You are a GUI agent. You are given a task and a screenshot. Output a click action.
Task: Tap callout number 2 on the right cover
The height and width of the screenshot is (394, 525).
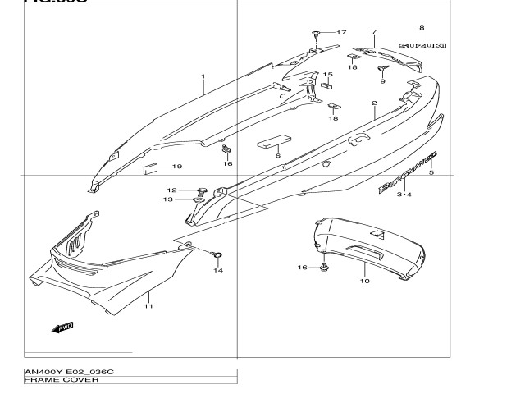tap(373, 104)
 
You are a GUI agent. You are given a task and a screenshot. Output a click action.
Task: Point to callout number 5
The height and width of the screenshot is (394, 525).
tap(431, 174)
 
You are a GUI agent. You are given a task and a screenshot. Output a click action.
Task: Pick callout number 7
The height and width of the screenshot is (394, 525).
tap(373, 32)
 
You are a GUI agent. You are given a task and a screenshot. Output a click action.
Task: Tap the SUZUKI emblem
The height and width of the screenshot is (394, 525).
tap(422, 46)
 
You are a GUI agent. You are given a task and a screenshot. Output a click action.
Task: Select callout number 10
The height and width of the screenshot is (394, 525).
tap(364, 281)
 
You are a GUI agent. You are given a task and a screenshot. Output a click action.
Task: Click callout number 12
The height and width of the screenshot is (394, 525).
tap(172, 190)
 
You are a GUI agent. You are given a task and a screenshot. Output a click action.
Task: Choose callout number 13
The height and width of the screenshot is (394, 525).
tap(167, 199)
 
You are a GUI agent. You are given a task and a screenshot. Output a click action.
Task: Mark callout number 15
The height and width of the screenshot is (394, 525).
tap(326, 75)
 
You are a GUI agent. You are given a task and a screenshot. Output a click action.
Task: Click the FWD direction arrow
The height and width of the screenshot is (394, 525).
tap(62, 328)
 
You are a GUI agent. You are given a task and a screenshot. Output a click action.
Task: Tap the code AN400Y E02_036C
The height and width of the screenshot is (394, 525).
tap(69, 373)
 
